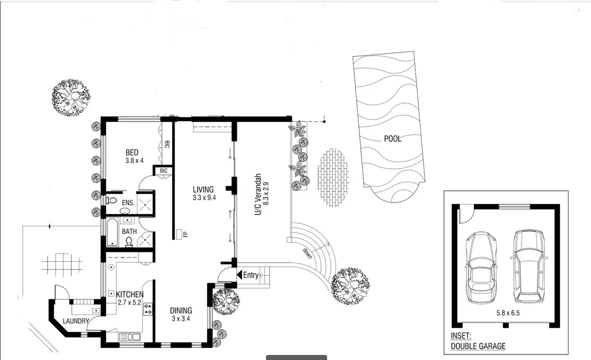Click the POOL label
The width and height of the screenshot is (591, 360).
click(x=393, y=139)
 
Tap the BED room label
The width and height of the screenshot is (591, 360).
click(x=132, y=152)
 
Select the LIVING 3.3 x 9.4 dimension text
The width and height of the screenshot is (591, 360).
click(x=204, y=197)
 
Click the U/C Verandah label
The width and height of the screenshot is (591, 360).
click(x=258, y=194)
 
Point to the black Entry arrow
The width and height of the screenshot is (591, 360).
click(x=240, y=275)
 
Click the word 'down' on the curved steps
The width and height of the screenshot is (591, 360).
click(x=307, y=254)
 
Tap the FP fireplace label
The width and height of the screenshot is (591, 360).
click(x=186, y=234)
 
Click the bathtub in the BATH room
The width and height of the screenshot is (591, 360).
click(x=112, y=232)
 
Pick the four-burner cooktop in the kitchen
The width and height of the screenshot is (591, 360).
click(x=148, y=309)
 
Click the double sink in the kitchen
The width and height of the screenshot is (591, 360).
click(x=130, y=337)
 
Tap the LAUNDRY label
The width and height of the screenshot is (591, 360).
click(x=76, y=321)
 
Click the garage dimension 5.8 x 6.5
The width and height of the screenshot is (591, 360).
click(x=508, y=313)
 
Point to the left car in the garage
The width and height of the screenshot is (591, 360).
click(x=481, y=268)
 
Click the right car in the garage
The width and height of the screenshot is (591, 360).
click(x=529, y=266)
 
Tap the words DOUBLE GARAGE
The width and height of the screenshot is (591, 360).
click(x=478, y=346)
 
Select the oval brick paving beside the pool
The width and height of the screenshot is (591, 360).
click(x=333, y=177)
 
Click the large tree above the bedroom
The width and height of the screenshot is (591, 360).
click(x=71, y=97)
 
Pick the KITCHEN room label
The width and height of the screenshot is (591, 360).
click(x=130, y=294)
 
